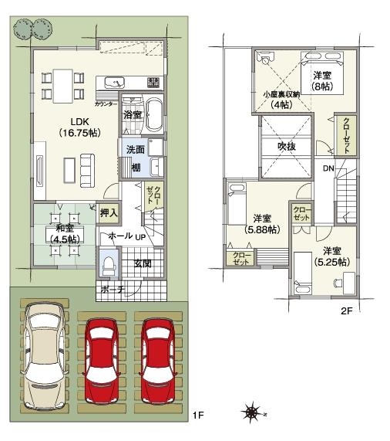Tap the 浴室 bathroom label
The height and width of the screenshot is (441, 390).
133,114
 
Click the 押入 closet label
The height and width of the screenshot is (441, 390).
109,212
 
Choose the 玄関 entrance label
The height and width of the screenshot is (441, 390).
143,264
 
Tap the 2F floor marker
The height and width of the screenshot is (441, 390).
347,311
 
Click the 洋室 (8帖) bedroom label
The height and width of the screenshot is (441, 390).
322,80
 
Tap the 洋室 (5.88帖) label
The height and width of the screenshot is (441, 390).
262,224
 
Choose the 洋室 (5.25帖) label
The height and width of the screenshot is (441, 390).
332,256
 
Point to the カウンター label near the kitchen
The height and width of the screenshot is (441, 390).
106,103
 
